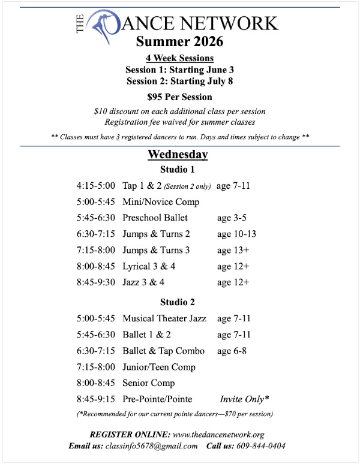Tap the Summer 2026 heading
coord(179,42)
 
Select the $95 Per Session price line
coord(179,97)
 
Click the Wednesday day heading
coord(178,155)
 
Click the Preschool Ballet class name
coord(155,218)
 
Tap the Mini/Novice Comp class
coord(160,202)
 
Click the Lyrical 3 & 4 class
coord(149,266)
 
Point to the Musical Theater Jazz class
coord(164,318)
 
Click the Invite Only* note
coord(244,399)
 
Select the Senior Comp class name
coord(149,383)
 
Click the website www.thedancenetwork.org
coord(218,435)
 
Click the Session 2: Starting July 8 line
coord(179,80)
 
